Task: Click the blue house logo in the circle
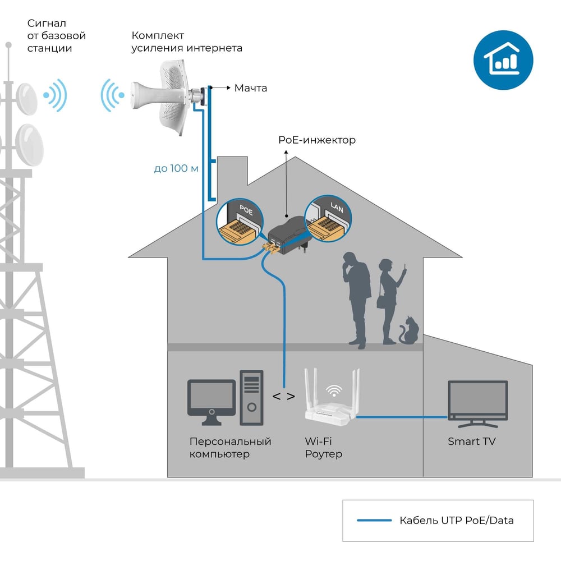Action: coord(503,60)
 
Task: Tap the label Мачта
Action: coord(250,88)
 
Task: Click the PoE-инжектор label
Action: coord(317,140)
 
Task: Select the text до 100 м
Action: coord(176,168)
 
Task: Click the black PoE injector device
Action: coord(288,235)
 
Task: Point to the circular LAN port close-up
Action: coord(328,219)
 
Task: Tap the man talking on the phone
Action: coord(356,300)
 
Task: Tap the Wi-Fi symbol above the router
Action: coord(334,390)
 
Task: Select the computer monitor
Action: coord(211,402)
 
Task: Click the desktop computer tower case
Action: coord(251,398)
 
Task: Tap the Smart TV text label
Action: coord(472,442)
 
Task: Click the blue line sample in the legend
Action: coord(374,520)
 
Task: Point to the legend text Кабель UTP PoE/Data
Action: coord(457,520)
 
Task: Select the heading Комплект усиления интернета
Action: coord(187,42)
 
